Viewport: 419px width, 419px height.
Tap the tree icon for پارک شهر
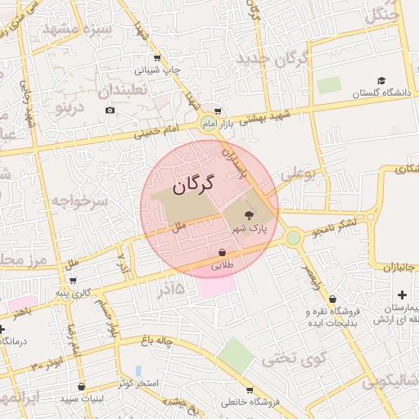(x=250, y=215)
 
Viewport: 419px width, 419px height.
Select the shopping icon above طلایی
(x=223, y=252)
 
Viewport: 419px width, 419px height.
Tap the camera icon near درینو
(x=110, y=110)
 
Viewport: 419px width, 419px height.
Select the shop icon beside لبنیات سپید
(x=80, y=386)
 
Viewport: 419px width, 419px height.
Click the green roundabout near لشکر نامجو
(x=293, y=238)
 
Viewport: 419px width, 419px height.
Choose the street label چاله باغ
(x=182, y=342)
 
